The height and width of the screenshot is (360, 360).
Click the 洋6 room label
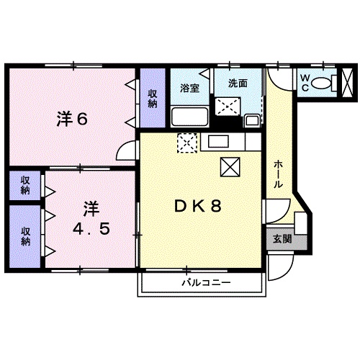[x=72, y=119]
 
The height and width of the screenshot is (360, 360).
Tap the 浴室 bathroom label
[x=189, y=89]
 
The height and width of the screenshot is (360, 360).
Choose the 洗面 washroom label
[x=238, y=82]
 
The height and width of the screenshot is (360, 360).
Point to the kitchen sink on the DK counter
[x=218, y=140]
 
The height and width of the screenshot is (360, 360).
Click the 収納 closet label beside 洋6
[x=153, y=98]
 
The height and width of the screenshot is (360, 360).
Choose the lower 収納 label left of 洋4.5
[x=25, y=236]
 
